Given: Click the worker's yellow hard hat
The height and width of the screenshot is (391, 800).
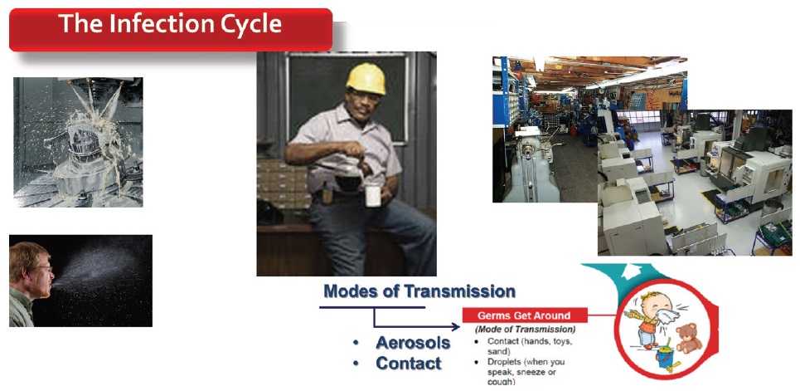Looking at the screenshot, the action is click(x=366, y=78).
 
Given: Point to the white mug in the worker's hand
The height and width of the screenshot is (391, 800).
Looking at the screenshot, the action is click(x=373, y=195).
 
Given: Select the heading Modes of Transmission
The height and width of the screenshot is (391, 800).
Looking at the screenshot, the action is click(x=419, y=291).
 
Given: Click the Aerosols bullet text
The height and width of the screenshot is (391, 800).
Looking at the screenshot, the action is click(x=413, y=343).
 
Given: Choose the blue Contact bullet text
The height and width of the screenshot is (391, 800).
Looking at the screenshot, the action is click(x=408, y=364).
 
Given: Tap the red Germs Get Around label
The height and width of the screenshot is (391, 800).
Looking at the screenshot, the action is click(x=524, y=315).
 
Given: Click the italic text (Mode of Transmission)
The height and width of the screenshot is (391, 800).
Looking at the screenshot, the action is click(x=525, y=330).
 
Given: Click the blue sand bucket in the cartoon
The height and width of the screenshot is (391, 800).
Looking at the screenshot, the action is click(x=664, y=357).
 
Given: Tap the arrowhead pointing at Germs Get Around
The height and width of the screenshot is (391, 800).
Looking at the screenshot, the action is click(x=456, y=326).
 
